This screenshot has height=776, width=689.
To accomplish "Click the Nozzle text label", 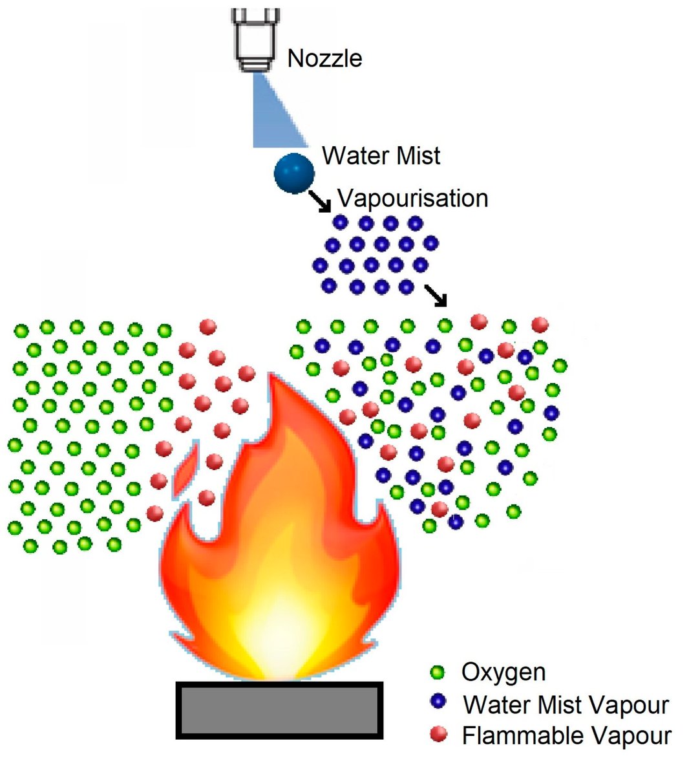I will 324,59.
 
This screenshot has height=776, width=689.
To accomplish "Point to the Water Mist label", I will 381,156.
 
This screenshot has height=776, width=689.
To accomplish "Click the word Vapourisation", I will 412,198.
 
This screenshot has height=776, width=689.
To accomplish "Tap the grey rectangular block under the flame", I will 279,710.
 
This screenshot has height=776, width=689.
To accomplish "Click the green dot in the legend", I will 438,673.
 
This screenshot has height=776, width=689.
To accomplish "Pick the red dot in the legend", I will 438,734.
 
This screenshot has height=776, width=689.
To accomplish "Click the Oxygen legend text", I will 503,673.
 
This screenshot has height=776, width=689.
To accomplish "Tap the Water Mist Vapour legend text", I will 566,704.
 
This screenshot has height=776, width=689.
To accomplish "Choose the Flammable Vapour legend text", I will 566,735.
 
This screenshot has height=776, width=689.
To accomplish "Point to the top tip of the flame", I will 277,378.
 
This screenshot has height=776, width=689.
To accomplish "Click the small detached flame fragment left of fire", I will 185,472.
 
